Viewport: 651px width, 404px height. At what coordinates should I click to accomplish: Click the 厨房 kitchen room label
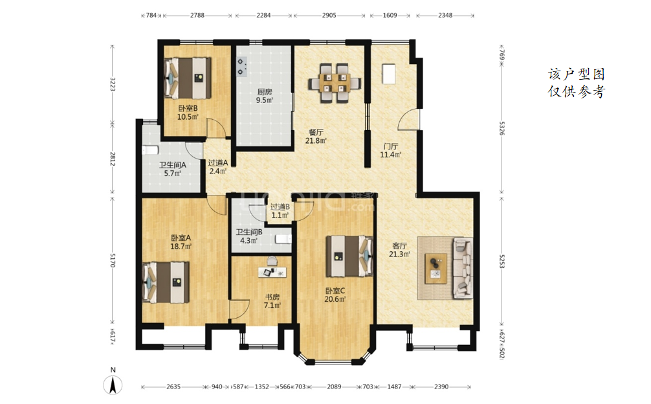(x=265, y=92)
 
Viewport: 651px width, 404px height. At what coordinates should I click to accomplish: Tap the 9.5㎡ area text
(x=265, y=100)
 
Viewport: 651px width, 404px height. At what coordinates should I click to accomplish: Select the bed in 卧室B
(x=188, y=78)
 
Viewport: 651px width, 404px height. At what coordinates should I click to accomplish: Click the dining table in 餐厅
(x=334, y=83)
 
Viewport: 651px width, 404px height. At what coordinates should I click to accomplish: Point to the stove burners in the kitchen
(x=241, y=67)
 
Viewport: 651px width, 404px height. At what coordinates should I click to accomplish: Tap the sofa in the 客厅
(x=463, y=268)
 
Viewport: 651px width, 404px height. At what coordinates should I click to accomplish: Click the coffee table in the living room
(x=436, y=268)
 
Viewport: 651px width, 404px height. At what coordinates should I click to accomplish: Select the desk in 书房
(x=272, y=271)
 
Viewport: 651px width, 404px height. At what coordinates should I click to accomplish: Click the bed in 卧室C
(x=349, y=256)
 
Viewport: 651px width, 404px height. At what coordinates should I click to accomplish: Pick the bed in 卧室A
(x=166, y=282)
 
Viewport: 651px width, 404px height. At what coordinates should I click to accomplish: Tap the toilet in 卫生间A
(x=150, y=150)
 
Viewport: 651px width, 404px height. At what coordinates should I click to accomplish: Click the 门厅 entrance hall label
(x=391, y=146)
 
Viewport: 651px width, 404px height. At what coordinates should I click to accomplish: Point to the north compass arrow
(x=113, y=385)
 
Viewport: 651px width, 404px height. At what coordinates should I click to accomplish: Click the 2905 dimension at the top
(x=329, y=16)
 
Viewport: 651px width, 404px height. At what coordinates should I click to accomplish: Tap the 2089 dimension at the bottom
(x=334, y=387)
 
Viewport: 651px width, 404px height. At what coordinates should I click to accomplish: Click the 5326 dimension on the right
(x=502, y=128)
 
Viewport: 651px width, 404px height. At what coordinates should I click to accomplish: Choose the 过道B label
(x=280, y=207)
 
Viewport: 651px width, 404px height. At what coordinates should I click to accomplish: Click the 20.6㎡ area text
(x=335, y=299)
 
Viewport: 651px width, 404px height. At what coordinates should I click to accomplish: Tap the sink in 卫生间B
(x=283, y=239)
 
